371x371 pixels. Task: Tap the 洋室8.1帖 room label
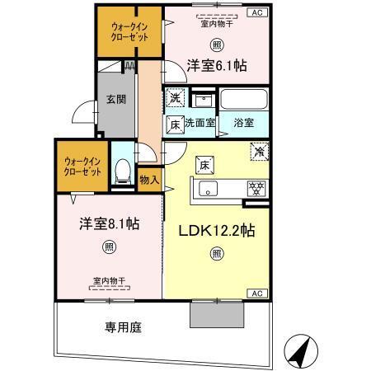[x=108, y=223]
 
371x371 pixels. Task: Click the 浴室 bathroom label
[x=243, y=123]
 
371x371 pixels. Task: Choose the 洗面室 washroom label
[x=200, y=123]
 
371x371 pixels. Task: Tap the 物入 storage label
[x=149, y=181]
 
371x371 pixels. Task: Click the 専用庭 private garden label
[x=122, y=327]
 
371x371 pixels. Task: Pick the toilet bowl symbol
[x=123, y=171]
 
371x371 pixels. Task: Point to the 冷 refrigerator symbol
[x=258, y=152]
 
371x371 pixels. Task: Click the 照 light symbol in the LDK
[x=216, y=254]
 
